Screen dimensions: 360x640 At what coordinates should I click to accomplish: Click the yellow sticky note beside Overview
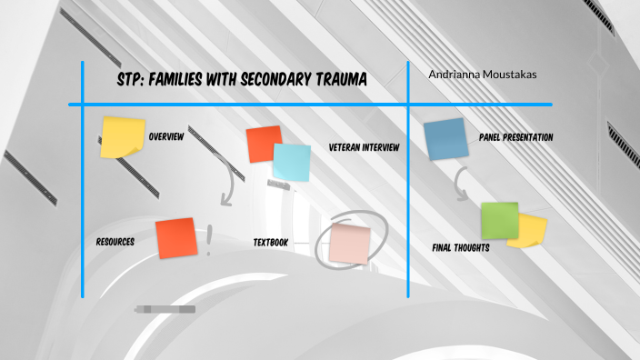coord(122,136)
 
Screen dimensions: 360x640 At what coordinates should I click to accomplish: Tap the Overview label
coord(166,137)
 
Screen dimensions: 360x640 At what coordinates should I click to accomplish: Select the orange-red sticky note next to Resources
coord(175,237)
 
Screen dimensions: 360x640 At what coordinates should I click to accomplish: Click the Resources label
coord(115,243)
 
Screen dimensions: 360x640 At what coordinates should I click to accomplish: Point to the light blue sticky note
coord(292,162)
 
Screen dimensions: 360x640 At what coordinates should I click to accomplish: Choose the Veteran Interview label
coord(364,147)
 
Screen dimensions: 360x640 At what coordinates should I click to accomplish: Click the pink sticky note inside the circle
coord(349,243)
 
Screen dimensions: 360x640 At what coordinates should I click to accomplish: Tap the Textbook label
coord(271,243)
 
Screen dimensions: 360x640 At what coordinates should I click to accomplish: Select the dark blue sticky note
coord(445,139)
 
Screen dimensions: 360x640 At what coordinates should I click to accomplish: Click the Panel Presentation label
coord(515,137)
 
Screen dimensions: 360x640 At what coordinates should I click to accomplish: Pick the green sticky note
coord(499,220)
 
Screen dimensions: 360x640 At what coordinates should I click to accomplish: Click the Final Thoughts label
coord(461,247)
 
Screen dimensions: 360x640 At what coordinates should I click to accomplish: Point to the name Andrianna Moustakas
coord(483,75)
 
